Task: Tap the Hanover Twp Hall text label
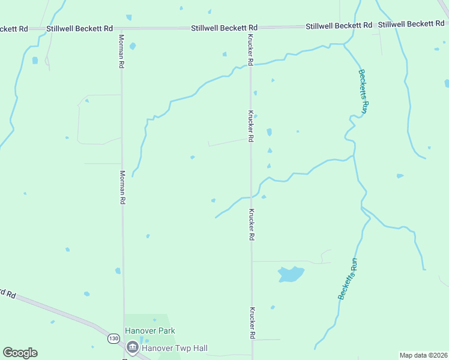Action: (174, 347)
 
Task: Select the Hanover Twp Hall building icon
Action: (132, 347)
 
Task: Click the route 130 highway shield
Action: (113, 339)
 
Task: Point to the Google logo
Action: (20, 353)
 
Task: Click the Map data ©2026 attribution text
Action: (423, 355)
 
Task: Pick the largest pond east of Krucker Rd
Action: (291, 274)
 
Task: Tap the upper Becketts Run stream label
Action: (363, 91)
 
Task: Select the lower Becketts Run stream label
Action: (348, 279)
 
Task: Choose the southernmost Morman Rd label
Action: (122, 188)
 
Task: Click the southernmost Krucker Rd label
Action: (253, 323)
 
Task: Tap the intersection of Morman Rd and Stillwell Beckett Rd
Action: (121, 28)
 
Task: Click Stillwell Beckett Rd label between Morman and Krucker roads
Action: (224, 28)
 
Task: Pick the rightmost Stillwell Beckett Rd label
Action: (411, 23)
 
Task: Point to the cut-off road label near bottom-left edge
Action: (7, 293)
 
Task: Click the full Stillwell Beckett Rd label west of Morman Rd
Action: (80, 28)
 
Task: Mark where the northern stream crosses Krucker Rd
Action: (250, 65)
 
